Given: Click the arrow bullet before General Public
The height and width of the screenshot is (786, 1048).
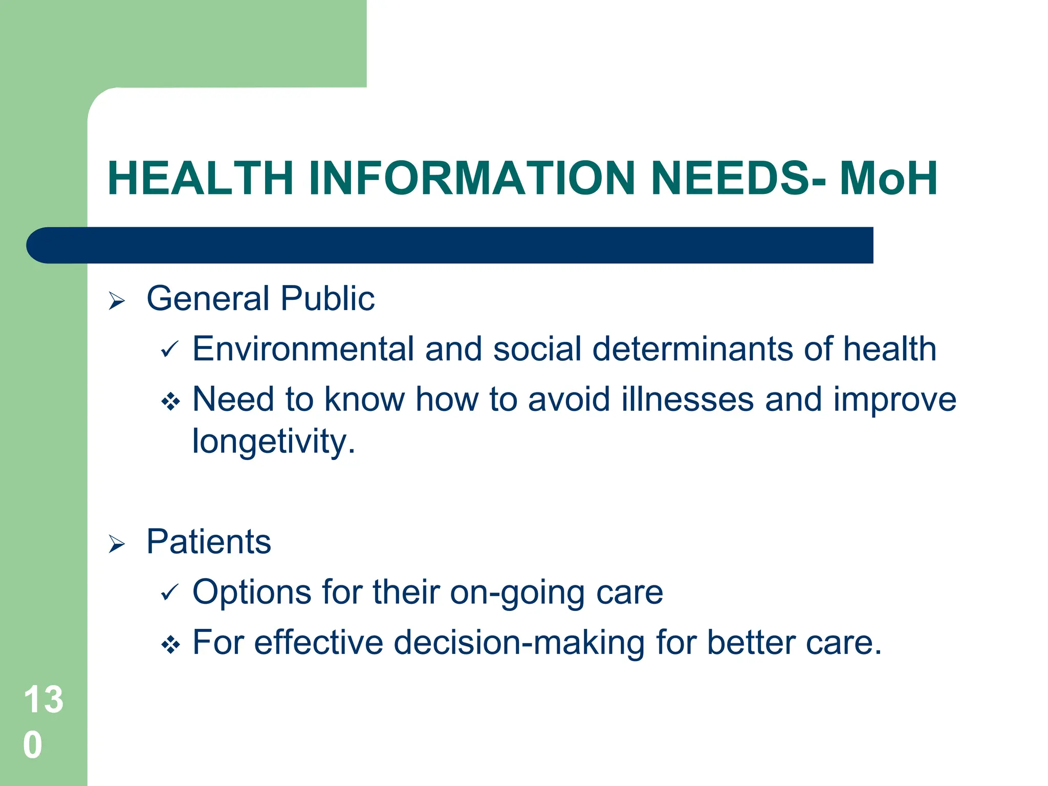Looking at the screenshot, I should (x=117, y=301).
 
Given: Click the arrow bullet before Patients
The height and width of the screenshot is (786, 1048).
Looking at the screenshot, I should (x=117, y=544).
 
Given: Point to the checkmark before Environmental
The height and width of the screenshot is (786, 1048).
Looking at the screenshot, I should (x=169, y=351).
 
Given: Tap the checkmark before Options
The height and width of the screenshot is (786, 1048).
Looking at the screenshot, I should (x=169, y=594).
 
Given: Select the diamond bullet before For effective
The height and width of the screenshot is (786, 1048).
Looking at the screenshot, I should (x=170, y=645).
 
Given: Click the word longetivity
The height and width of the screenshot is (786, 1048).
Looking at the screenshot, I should (x=273, y=441).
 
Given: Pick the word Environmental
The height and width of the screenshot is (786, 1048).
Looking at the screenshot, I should (x=303, y=349).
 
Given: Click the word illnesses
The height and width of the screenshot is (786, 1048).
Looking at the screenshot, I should (x=687, y=399).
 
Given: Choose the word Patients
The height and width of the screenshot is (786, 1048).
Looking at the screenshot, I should (x=209, y=541).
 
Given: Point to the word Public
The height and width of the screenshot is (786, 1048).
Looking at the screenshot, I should (x=327, y=299).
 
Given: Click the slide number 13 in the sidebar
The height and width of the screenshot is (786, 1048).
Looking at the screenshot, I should (x=43, y=700).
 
